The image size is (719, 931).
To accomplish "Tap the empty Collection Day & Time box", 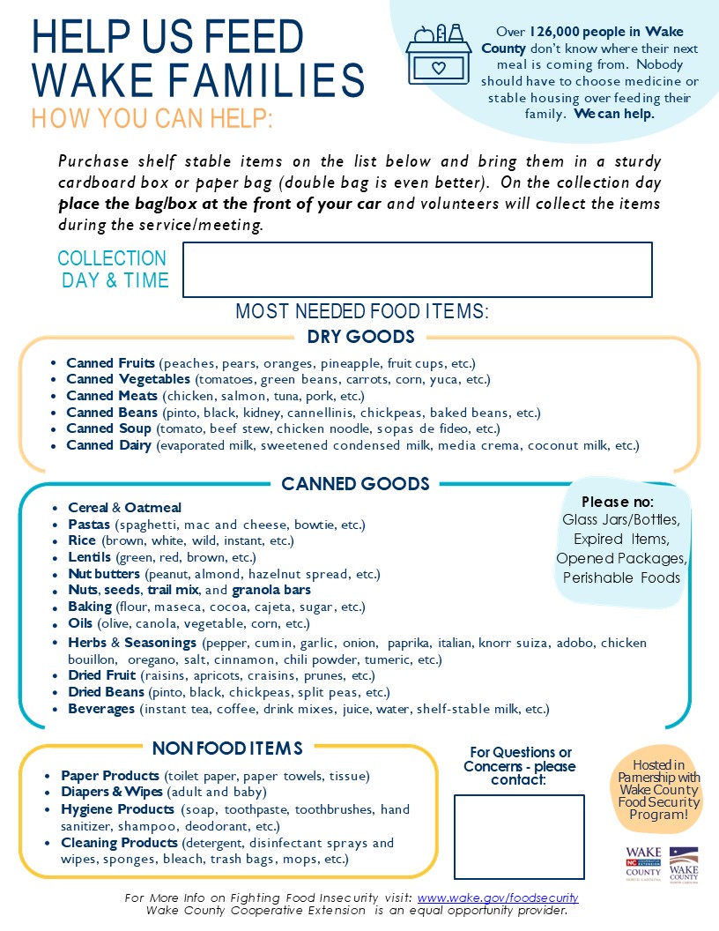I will point(417,270).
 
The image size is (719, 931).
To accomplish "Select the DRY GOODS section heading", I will point(360,337).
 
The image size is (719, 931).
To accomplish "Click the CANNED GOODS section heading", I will point(355,484).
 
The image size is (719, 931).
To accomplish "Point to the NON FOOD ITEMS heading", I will point(227,749).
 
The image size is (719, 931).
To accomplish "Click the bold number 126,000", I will point(561,32).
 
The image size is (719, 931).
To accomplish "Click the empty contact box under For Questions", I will point(519,837).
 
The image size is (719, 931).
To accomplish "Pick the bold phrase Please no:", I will point(617,502).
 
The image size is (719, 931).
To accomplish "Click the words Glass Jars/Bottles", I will point(620,519).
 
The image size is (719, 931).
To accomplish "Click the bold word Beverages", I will point(101,709).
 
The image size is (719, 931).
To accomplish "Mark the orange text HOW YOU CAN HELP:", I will point(152,118).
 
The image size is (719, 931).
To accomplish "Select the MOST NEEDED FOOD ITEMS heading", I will point(362,311).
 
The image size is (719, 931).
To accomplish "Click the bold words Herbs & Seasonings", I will point(132,643).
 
